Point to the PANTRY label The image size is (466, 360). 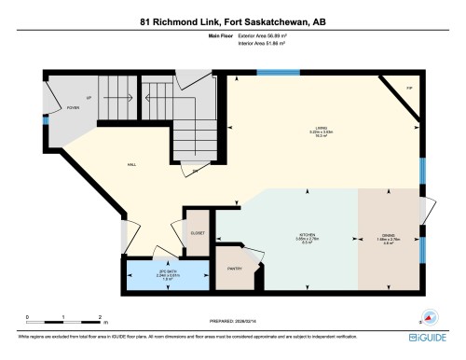click(x=234, y=269)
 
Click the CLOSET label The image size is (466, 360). click(x=198, y=233)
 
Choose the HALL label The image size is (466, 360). click(x=132, y=164)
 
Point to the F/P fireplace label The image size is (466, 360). click(x=407, y=89)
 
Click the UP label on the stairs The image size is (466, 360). click(x=89, y=96)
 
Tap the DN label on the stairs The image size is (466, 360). click(x=195, y=172)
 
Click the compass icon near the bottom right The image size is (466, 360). click(x=429, y=314)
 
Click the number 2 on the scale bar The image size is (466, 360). click(x=99, y=317)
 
